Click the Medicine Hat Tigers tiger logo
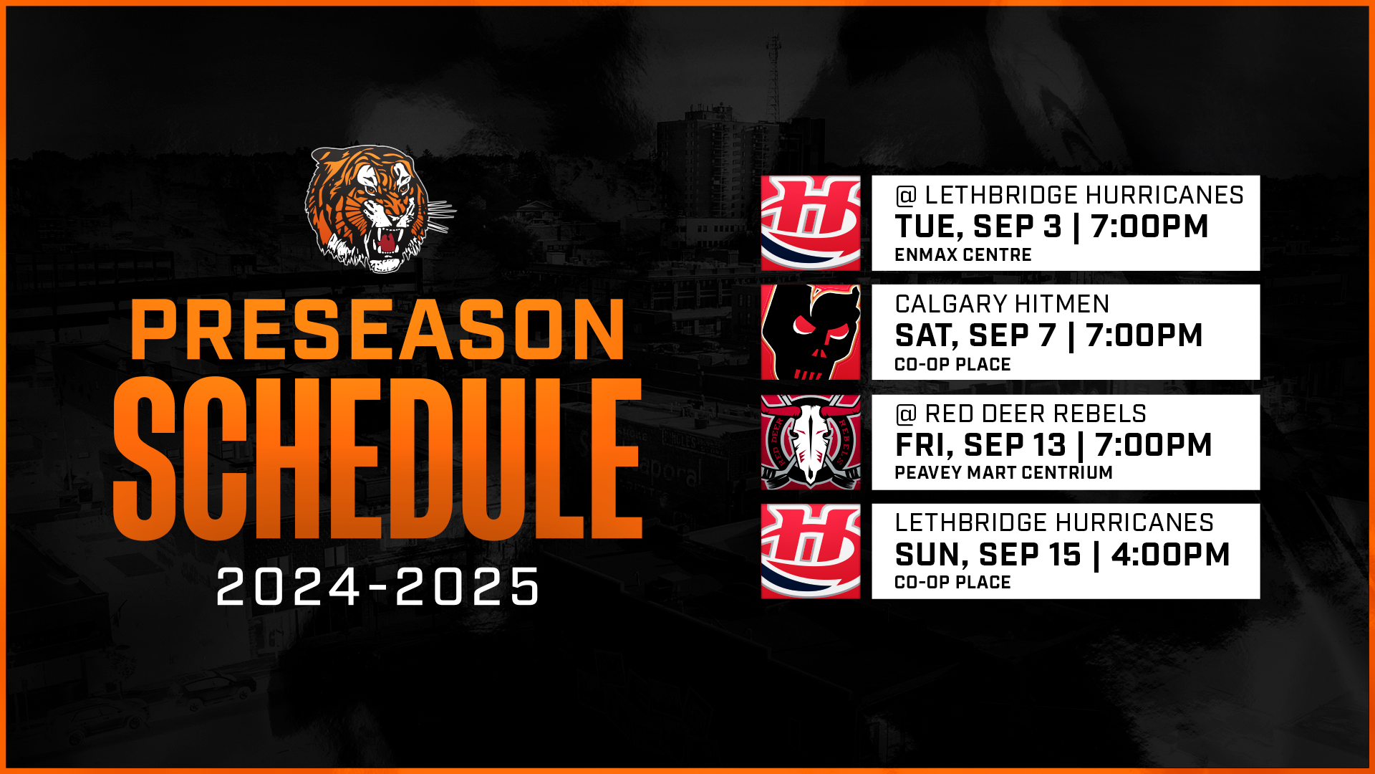pyautogui.click(x=380, y=209)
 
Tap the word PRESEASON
pyautogui.click(x=378, y=329)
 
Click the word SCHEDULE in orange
pyautogui.click(x=378, y=457)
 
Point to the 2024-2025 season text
pyautogui.click(x=377, y=586)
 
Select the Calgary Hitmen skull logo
pyautogui.click(x=811, y=333)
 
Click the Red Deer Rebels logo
pyautogui.click(x=811, y=442)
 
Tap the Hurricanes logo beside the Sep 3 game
pyautogui.click(x=811, y=223)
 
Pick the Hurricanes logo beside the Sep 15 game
pyautogui.click(x=811, y=551)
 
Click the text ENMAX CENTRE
pyautogui.click(x=963, y=255)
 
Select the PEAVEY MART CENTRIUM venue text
pyautogui.click(x=1004, y=473)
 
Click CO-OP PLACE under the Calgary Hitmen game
pyautogui.click(x=953, y=364)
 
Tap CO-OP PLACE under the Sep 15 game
pyautogui.click(x=953, y=583)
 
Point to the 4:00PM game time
pyautogui.click(x=1171, y=555)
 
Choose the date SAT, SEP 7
pyautogui.click(x=975, y=336)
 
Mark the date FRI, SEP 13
pyautogui.click(x=980, y=445)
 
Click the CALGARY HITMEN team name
pyautogui.click(x=1003, y=305)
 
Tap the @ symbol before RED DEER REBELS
pyautogui.click(x=906, y=414)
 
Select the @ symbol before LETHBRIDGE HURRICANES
pyautogui.click(x=906, y=196)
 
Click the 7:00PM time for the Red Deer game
pyautogui.click(x=1154, y=445)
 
